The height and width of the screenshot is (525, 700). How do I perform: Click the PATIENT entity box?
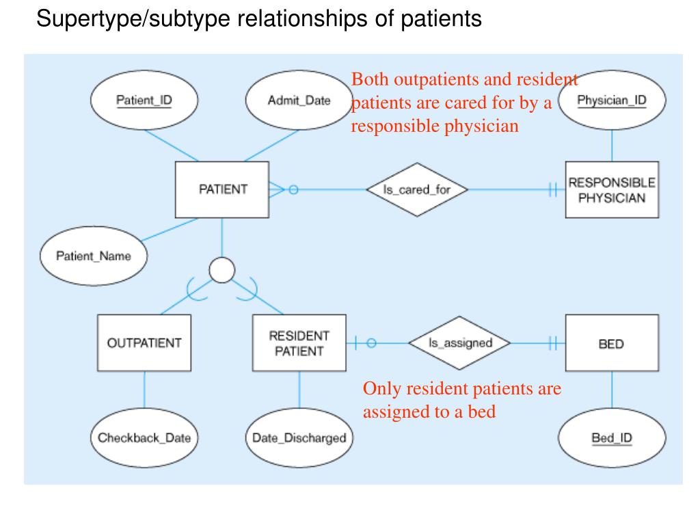click(222, 190)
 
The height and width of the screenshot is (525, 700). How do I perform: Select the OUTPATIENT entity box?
click(144, 343)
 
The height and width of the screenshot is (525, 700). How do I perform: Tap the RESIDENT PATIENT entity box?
click(299, 343)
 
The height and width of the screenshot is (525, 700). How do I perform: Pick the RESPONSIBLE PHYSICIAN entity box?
click(612, 190)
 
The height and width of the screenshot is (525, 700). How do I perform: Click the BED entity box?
click(612, 343)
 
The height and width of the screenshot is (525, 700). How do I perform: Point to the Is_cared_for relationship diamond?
click(417, 190)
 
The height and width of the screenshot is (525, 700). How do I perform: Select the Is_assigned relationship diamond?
click(460, 343)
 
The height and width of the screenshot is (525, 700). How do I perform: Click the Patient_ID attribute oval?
click(144, 100)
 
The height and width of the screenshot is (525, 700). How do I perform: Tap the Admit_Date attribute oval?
click(299, 100)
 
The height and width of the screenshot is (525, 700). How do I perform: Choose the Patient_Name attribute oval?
click(94, 256)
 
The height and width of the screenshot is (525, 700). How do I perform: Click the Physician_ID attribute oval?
click(612, 100)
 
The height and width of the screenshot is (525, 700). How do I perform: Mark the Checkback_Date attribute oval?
click(144, 438)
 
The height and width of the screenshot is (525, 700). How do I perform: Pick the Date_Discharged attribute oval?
click(299, 438)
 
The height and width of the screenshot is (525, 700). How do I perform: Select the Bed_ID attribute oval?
click(612, 438)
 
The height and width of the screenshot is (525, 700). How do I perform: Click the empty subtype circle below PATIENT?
click(222, 270)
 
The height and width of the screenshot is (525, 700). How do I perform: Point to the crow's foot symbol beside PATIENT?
click(276, 190)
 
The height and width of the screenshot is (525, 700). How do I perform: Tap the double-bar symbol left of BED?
click(553, 343)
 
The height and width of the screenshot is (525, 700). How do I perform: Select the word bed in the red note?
click(482, 411)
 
